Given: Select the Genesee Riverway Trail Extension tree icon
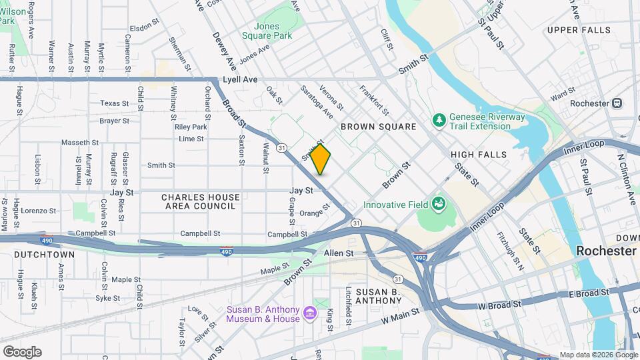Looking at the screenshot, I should [x=439, y=120].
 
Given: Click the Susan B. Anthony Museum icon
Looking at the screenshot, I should [x=309, y=313].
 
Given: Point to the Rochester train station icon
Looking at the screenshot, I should [x=618, y=103].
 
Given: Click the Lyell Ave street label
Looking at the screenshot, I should [x=240, y=79].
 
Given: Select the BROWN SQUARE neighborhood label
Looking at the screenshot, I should [x=378, y=127].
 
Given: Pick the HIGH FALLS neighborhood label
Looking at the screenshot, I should [x=479, y=155].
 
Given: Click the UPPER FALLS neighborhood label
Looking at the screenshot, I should [x=579, y=30].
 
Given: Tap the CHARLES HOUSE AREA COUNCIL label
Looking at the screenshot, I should [x=200, y=202].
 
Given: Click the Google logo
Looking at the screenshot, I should [x=22, y=351].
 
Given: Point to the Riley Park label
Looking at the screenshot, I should [x=191, y=127].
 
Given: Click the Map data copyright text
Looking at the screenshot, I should [x=598, y=355].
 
